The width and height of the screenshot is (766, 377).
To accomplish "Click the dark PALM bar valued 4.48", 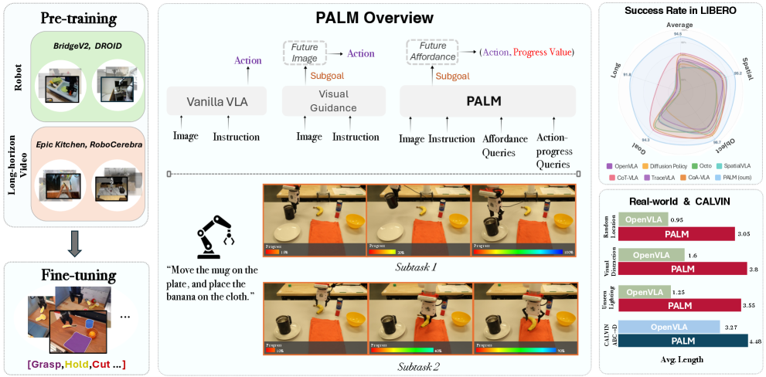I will point(681,340).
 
